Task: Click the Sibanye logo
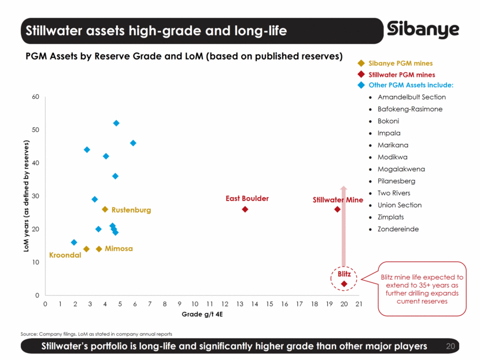tap(423, 29)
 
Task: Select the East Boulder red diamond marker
tap(245, 209)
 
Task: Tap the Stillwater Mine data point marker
tap(337, 209)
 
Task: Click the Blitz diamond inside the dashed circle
tap(344, 284)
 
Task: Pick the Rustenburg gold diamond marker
tap(105, 210)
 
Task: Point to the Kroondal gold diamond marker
tap(86, 249)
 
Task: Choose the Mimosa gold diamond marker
tap(99, 249)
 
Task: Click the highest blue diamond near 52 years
tap(116, 123)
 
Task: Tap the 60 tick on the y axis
tap(35, 97)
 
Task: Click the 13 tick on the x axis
tap(239, 303)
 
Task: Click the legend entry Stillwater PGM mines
tap(401, 75)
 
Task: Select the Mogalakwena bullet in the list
tap(401, 169)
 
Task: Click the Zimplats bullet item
tap(390, 217)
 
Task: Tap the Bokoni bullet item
tap(388, 121)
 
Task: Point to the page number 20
tap(452, 346)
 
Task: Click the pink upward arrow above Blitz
tap(344, 225)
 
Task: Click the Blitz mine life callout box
tap(422, 289)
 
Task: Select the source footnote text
tap(97, 333)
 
